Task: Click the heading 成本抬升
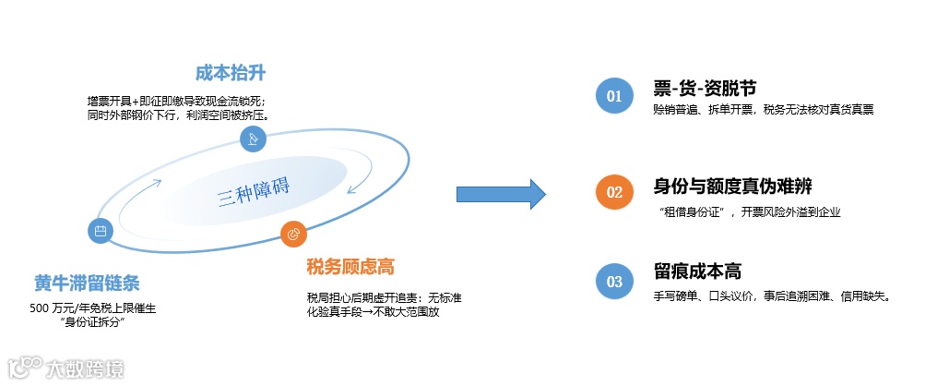pos(224,72)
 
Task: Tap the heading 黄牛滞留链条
pos(88,282)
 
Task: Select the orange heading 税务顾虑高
pos(350,267)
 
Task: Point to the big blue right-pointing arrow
pos(501,194)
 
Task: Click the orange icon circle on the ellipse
pos(294,233)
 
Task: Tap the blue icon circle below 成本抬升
pos(252,139)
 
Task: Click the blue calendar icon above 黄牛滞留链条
pos(101,230)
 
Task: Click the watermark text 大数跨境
pos(84,369)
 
